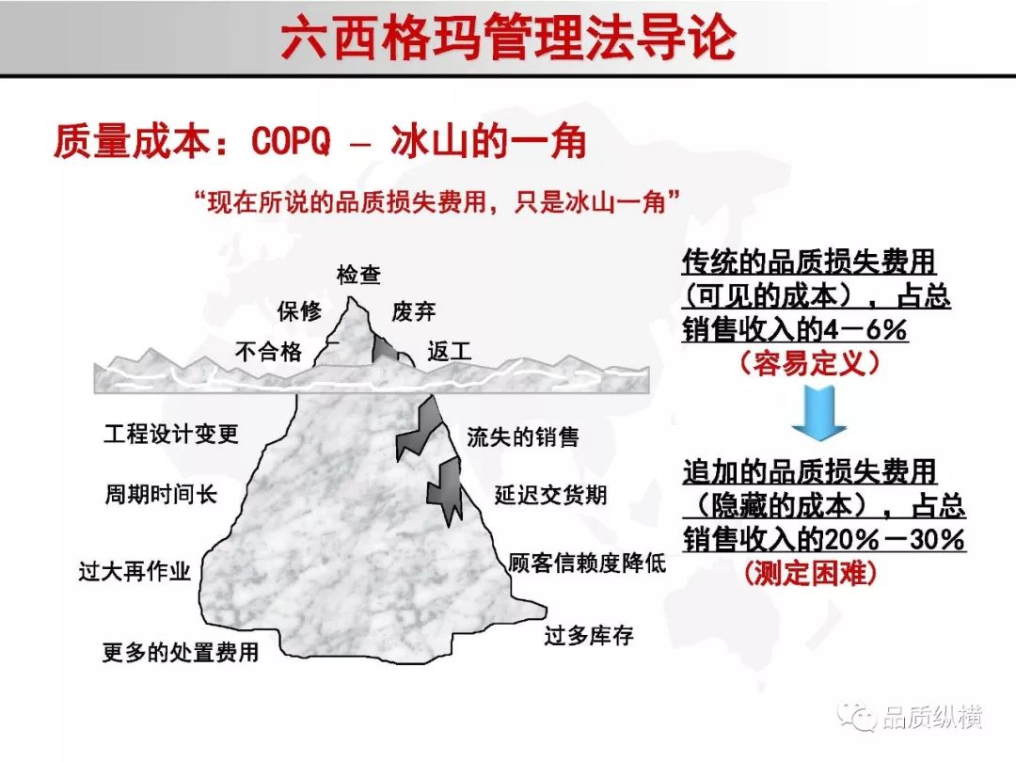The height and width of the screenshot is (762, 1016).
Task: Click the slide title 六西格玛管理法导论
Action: click(x=509, y=37)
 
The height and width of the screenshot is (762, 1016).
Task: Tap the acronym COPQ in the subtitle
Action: click(x=291, y=140)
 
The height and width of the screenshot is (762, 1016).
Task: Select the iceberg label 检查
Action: click(x=358, y=275)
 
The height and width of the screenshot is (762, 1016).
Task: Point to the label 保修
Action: click(x=299, y=311)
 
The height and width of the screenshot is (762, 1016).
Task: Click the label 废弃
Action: click(x=413, y=311)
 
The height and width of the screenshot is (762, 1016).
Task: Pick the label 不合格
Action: click(x=268, y=351)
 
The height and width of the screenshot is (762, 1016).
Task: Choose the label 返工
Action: click(x=449, y=351)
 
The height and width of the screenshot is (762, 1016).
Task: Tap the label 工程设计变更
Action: click(x=171, y=434)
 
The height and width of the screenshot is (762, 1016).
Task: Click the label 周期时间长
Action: click(x=161, y=495)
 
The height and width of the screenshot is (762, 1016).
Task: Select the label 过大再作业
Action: click(x=135, y=571)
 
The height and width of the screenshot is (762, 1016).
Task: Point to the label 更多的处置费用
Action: click(x=181, y=652)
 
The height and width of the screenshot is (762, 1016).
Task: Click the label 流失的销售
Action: click(x=523, y=437)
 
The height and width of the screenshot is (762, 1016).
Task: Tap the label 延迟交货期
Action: click(x=550, y=495)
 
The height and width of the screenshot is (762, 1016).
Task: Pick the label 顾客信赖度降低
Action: click(x=587, y=563)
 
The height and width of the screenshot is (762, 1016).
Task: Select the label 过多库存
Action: click(x=589, y=636)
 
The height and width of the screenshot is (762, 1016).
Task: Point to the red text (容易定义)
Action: click(x=810, y=363)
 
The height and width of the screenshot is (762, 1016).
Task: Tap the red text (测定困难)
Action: click(x=811, y=573)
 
